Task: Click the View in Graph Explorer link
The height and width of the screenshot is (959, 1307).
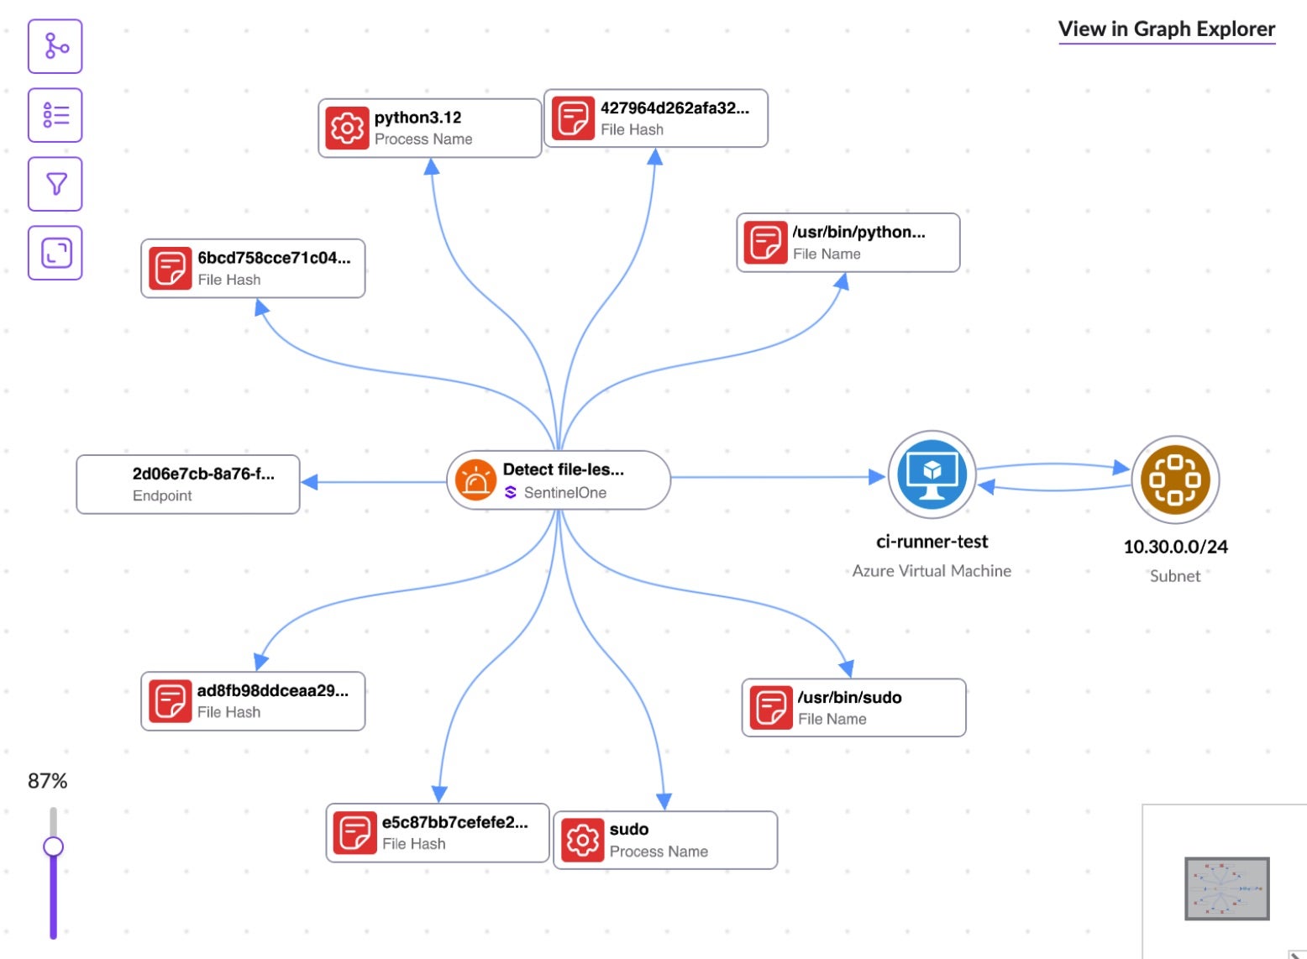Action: click(1166, 29)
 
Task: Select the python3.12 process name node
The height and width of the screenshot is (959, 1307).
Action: click(429, 128)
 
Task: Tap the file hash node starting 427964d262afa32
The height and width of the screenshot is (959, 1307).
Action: click(655, 118)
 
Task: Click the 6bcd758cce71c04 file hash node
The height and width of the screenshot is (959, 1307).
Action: click(253, 268)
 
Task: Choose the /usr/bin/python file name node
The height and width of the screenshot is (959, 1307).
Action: click(848, 243)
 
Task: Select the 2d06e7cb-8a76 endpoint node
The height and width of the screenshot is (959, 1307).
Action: click(188, 484)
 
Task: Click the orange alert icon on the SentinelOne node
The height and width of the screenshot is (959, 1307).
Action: click(475, 480)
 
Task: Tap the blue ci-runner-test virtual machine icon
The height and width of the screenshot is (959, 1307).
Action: click(932, 474)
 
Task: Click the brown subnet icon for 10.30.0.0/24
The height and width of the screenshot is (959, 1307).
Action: click(1174, 479)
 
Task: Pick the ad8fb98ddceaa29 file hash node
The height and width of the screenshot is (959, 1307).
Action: click(253, 701)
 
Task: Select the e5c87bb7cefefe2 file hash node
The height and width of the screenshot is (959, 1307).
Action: click(437, 833)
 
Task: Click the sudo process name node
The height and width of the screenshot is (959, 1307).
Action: click(664, 840)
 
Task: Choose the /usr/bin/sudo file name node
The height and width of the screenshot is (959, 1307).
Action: click(853, 708)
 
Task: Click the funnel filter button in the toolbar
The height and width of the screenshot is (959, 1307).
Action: click(55, 184)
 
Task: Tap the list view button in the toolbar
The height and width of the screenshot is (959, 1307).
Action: click(55, 115)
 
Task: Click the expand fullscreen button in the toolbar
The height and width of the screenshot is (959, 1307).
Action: click(55, 253)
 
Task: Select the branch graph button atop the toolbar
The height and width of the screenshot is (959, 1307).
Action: click(55, 46)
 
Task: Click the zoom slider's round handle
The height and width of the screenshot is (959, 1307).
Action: click(53, 846)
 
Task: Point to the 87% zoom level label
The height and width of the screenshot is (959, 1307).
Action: click(47, 781)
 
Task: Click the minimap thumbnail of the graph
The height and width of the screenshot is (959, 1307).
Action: click(1226, 888)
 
